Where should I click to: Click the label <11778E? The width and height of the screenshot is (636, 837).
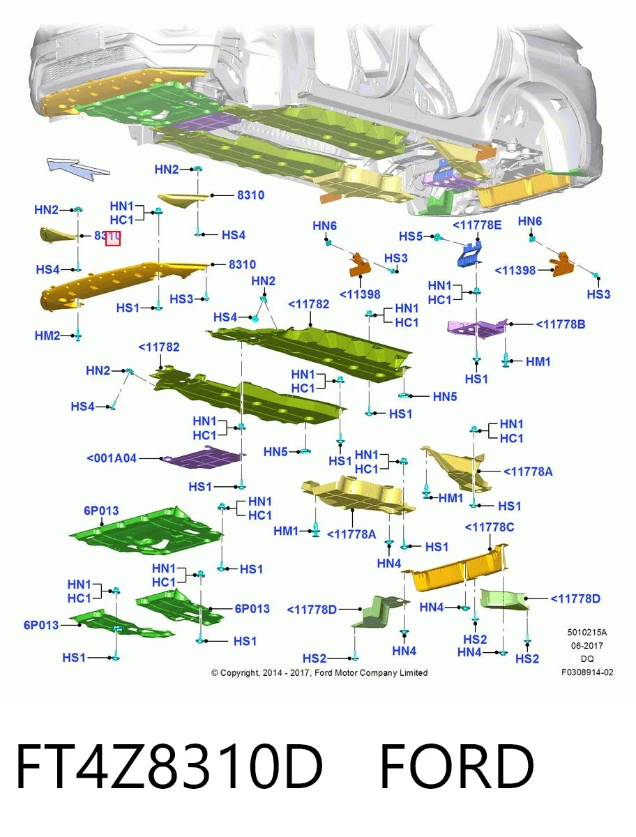(x=477, y=225)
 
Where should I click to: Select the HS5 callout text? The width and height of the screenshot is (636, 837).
(x=411, y=236)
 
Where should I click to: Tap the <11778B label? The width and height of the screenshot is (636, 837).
(x=560, y=324)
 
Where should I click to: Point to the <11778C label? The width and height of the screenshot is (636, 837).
(x=490, y=527)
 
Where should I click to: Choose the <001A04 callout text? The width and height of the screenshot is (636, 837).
(x=112, y=458)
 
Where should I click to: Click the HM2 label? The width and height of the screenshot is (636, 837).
(x=47, y=335)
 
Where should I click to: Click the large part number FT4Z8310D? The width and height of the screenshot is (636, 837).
(x=169, y=767)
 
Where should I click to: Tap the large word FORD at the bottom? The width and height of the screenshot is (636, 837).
(x=457, y=767)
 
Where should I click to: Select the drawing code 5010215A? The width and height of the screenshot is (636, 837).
(x=587, y=633)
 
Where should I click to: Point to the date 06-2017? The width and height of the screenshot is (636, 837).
(x=587, y=646)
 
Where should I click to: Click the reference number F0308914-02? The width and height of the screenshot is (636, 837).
(x=587, y=672)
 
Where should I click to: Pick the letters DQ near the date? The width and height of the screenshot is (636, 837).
(x=587, y=659)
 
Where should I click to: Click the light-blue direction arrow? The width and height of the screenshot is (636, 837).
(x=77, y=168)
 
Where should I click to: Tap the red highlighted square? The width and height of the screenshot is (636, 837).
(x=113, y=239)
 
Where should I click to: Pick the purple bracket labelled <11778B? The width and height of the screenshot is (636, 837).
(x=478, y=329)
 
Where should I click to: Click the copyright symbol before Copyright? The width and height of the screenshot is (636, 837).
(x=215, y=672)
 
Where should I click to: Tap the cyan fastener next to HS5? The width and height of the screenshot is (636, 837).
(x=438, y=237)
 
